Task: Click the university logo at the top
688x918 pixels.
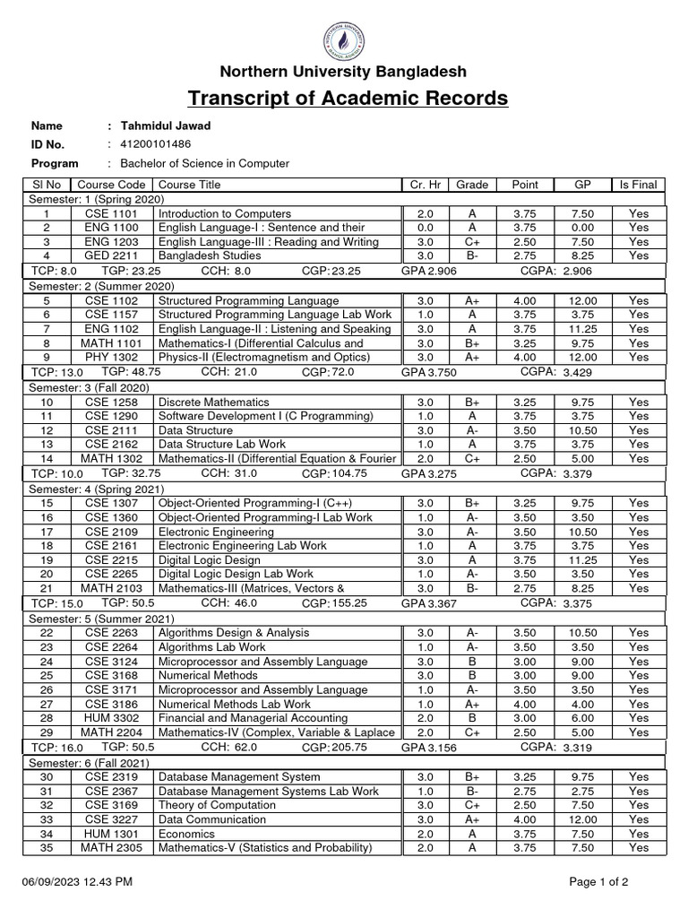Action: point(347,39)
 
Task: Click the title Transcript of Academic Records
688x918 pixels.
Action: point(348,98)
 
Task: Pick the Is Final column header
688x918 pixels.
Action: point(638,185)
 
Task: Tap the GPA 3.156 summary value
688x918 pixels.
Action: point(428,747)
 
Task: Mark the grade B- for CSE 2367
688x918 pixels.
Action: point(471,791)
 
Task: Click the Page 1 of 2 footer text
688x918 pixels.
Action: point(598,882)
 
